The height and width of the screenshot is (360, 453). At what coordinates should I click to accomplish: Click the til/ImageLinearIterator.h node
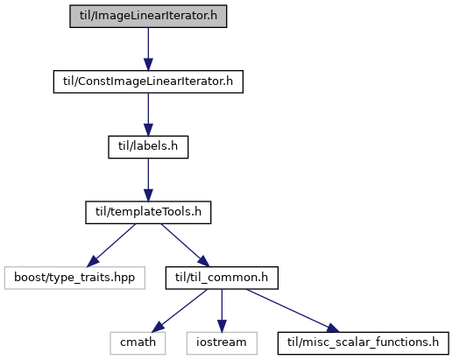click(148, 16)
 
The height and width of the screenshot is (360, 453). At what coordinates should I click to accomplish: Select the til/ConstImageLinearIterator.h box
click(148, 81)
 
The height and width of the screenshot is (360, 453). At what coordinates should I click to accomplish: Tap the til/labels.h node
click(148, 147)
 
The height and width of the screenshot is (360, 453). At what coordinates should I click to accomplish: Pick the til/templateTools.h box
click(148, 213)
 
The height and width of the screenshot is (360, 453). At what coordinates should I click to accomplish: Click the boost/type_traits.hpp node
click(74, 278)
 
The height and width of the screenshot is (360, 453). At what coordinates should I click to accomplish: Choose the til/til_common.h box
click(222, 278)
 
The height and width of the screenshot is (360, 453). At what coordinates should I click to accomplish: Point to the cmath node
click(138, 343)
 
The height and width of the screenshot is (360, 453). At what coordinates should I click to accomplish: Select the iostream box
click(222, 343)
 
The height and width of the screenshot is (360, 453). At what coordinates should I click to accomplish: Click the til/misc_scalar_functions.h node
click(363, 343)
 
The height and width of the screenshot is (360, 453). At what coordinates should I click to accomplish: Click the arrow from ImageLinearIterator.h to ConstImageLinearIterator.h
click(148, 49)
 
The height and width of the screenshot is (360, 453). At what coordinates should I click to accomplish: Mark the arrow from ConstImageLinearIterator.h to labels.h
click(148, 115)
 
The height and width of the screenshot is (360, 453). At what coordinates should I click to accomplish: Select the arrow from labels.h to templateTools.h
click(148, 180)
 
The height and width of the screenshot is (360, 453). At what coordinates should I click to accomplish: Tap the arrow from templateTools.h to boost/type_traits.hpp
click(111, 245)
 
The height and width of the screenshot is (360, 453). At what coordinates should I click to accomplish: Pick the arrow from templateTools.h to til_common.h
click(185, 245)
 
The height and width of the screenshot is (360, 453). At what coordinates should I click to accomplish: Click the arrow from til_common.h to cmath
click(180, 311)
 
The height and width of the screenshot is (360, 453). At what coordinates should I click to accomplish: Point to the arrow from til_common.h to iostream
click(222, 311)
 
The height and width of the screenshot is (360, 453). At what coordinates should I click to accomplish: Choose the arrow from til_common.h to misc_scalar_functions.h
click(293, 311)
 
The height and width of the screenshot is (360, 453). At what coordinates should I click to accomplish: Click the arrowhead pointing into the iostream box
click(222, 327)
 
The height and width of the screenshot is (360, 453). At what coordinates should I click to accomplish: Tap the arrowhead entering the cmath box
click(158, 327)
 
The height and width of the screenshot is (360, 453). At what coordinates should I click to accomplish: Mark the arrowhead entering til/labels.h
click(148, 130)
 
